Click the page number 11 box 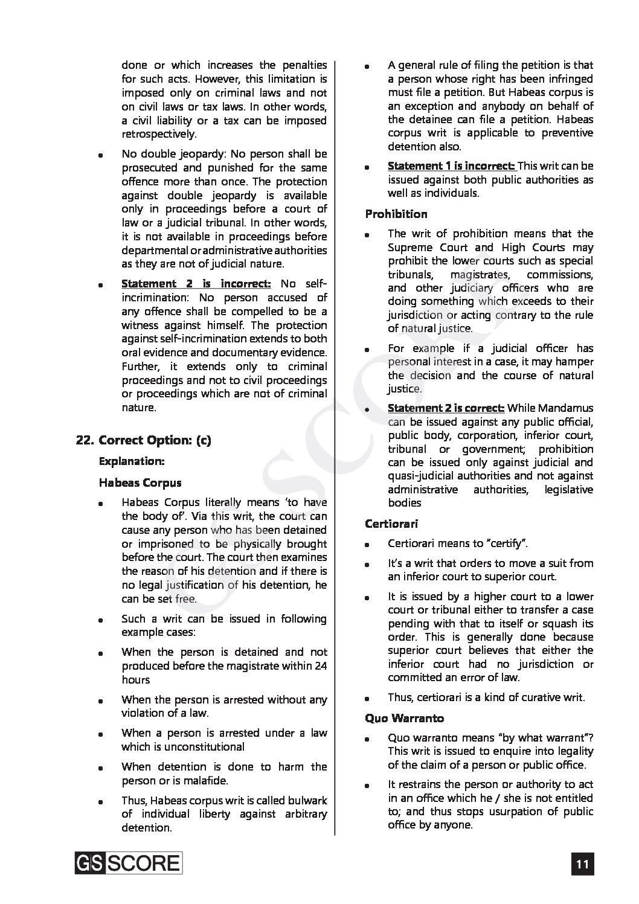[x=582, y=864]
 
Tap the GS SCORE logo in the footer [x=129, y=862]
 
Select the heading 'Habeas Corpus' [x=140, y=482]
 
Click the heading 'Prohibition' [x=396, y=214]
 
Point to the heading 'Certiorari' [x=391, y=524]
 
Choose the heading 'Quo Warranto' [x=405, y=718]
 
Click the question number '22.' [x=85, y=440]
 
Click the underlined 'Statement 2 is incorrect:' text [x=196, y=283]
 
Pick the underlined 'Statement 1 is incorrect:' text [x=451, y=166]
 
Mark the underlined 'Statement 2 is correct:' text [x=446, y=409]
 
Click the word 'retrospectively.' [x=159, y=134]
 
